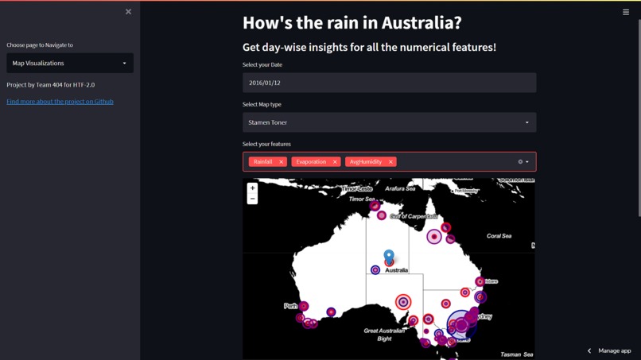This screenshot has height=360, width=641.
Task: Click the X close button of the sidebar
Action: (128, 12)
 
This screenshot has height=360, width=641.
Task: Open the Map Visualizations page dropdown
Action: (70, 63)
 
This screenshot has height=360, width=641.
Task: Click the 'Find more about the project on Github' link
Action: (60, 102)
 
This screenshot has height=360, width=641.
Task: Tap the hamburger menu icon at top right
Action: (626, 12)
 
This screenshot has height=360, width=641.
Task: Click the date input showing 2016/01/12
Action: (389, 83)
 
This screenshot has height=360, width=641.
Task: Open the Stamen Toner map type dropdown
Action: (389, 122)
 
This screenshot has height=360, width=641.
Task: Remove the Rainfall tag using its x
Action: (282, 162)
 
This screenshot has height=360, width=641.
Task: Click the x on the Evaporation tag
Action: (335, 162)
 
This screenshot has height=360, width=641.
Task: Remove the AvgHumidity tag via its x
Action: (390, 162)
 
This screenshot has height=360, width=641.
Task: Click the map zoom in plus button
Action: (252, 188)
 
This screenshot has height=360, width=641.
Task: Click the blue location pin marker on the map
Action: (389, 256)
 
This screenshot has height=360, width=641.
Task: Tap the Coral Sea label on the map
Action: (499, 236)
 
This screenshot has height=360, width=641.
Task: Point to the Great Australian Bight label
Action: (384, 335)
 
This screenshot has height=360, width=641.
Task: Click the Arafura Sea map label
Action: (400, 188)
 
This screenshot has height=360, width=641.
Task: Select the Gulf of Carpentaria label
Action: (414, 216)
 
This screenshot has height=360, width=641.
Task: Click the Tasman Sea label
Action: (517, 354)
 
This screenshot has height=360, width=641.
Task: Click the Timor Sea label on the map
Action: (361, 199)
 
